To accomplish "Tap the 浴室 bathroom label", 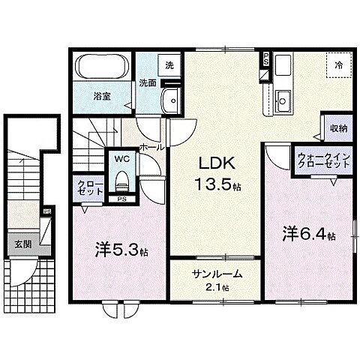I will pyautogui.click(x=101, y=97).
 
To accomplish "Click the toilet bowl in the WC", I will pyautogui.click(x=121, y=181).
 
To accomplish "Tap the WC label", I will pyautogui.click(x=121, y=160).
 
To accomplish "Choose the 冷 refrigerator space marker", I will pyautogui.click(x=338, y=66).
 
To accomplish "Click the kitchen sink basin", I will pyautogui.click(x=283, y=98).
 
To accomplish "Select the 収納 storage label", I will pyautogui.click(x=338, y=127).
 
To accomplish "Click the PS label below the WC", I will pyautogui.click(x=121, y=199).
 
